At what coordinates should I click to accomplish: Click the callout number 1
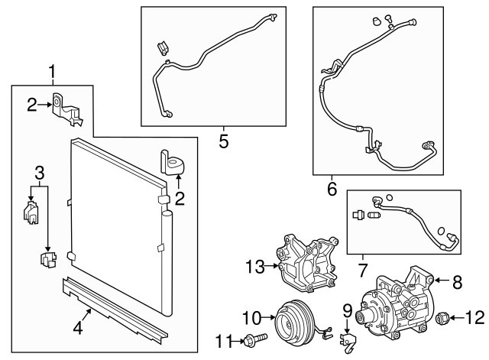pos(52,72)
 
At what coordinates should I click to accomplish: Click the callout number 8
pos(458,282)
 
